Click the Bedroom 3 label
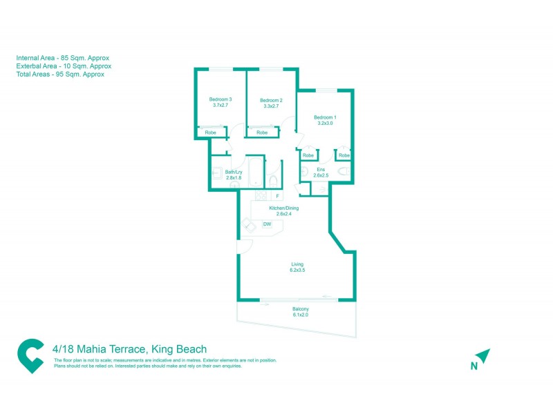(x=221, y=99)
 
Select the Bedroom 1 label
(x=324, y=117)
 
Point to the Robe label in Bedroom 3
(x=211, y=132)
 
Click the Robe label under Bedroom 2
(x=262, y=132)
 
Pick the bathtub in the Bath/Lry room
(x=256, y=172)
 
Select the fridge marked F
(x=277, y=197)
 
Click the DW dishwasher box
(x=267, y=224)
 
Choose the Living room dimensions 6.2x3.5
(x=297, y=270)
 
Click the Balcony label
(x=300, y=308)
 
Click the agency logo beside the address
(x=30, y=355)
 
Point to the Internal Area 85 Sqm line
(x=63, y=58)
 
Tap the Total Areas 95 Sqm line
(x=60, y=75)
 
